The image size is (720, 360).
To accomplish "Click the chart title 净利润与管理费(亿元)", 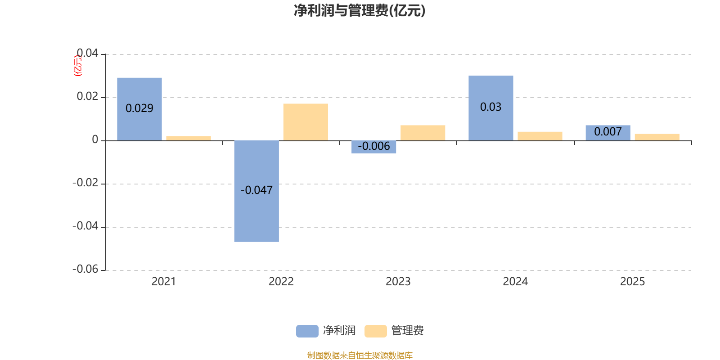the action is (360, 11).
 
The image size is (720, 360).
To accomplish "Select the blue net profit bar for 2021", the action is (139, 109).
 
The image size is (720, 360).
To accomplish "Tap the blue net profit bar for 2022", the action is (256, 191).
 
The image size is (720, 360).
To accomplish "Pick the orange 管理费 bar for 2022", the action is (306, 122).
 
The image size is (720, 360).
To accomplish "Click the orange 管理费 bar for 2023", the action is (423, 133).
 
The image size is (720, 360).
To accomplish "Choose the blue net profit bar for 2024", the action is (491, 108).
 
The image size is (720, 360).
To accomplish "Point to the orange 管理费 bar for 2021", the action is (189, 139).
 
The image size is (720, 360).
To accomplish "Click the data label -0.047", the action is (256, 190).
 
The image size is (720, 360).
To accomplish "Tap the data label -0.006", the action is (374, 146).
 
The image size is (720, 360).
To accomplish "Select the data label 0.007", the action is (608, 131).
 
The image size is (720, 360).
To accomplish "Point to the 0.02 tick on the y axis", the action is (87, 96).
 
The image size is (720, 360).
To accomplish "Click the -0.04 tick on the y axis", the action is (85, 226).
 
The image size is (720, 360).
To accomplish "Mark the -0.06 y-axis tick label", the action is (85, 269).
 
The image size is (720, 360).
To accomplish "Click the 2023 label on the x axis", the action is (398, 282).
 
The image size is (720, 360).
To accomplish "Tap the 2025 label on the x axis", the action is (633, 282).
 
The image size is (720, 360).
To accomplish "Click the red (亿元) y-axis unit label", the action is (78, 66).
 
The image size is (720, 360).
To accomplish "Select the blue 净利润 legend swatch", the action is (307, 331).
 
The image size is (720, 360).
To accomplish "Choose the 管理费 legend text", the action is (408, 330).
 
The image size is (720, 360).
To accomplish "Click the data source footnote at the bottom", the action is (360, 355).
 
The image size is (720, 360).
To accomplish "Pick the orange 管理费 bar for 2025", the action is (657, 137).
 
